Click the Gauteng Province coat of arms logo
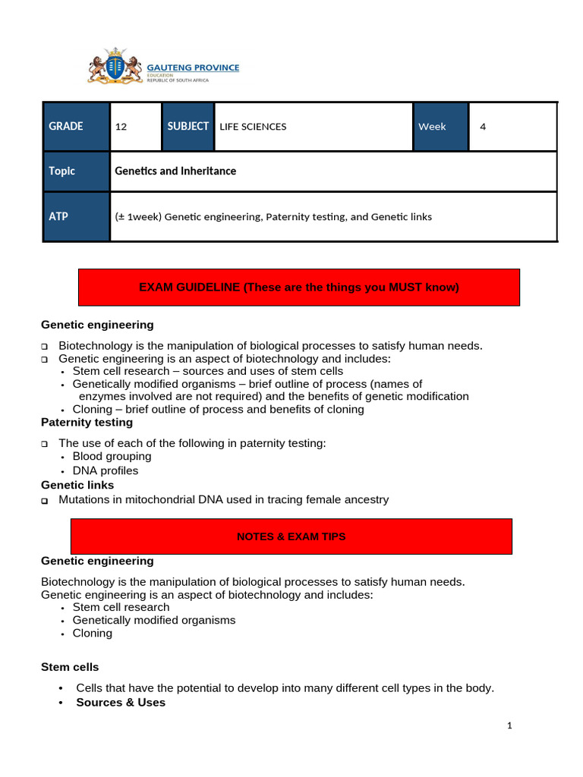click(115, 66)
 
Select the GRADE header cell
click(76, 127)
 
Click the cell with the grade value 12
click(136, 127)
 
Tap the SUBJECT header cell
click(188, 127)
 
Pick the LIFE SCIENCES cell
click(314, 127)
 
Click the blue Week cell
click(440, 127)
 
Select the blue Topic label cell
click(76, 171)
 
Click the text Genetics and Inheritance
click(175, 171)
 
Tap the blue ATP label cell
click(76, 217)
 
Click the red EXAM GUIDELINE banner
click(299, 288)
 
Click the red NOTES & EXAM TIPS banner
click(291, 536)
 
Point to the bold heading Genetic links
click(77, 485)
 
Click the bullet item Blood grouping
click(112, 457)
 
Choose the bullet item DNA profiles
click(106, 471)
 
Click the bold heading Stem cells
click(69, 667)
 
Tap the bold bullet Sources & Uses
click(121, 703)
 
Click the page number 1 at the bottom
click(510, 726)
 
